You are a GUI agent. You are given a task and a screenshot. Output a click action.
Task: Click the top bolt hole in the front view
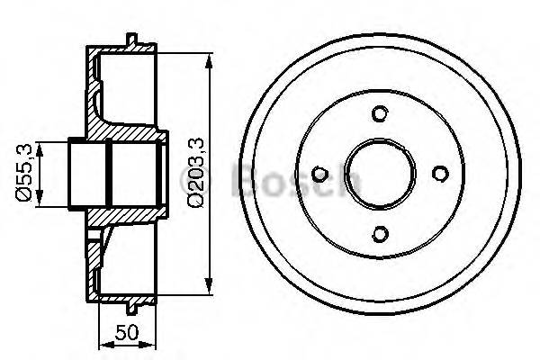pyautogui.click(x=379, y=113)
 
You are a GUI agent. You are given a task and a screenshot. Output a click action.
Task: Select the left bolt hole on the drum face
pyautogui.click(x=319, y=174)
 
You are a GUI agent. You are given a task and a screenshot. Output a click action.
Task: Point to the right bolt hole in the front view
pyautogui.click(x=439, y=174)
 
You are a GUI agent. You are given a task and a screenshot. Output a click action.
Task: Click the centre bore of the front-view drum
pyautogui.click(x=379, y=174)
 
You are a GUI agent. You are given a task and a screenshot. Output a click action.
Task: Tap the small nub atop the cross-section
pyautogui.click(x=133, y=39)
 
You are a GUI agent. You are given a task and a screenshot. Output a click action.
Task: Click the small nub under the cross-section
pyautogui.click(x=133, y=310)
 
